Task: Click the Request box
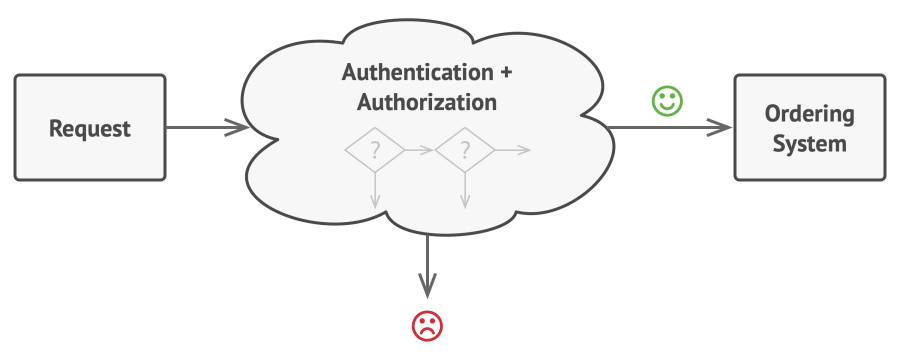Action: click(x=90, y=127)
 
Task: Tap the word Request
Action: click(x=90, y=129)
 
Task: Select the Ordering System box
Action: click(x=810, y=127)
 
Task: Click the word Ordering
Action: click(x=809, y=114)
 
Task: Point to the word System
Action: click(x=809, y=143)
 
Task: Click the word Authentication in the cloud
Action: click(x=417, y=72)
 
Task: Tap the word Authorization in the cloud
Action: click(x=427, y=102)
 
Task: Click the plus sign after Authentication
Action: click(x=506, y=73)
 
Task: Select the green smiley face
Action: click(x=668, y=101)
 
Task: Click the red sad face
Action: click(x=427, y=326)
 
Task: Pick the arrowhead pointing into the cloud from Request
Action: click(x=237, y=127)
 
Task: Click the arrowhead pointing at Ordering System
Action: click(x=719, y=127)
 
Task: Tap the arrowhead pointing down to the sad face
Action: click(x=427, y=285)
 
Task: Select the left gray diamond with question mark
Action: click(x=375, y=150)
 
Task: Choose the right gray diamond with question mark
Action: click(x=465, y=150)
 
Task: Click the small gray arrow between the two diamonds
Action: click(x=420, y=150)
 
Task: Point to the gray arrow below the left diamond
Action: click(x=375, y=190)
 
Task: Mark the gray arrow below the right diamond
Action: click(x=465, y=190)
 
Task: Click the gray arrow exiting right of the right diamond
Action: click(x=513, y=150)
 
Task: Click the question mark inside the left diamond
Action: click(x=375, y=150)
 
